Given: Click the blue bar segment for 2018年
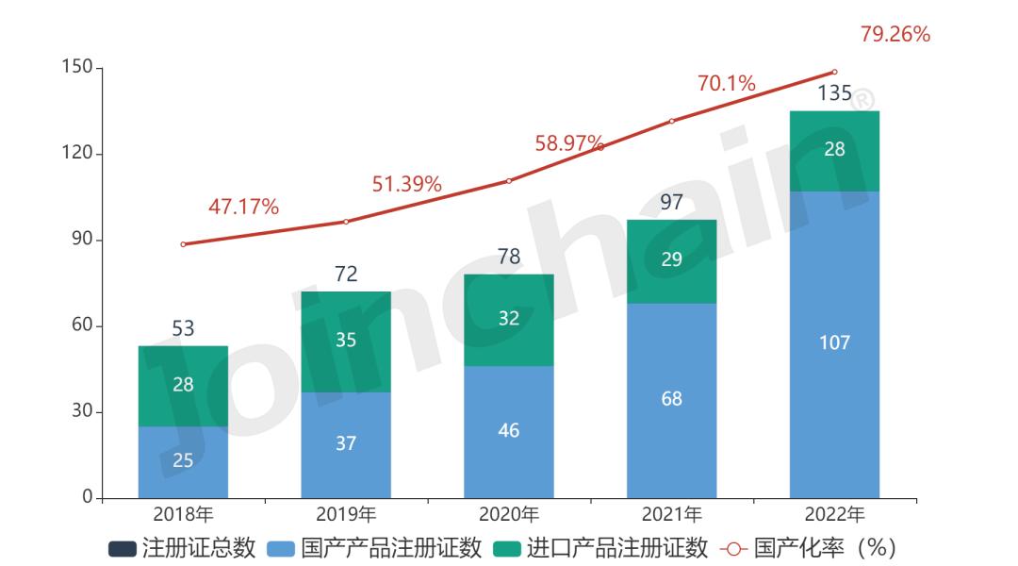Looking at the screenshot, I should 183,462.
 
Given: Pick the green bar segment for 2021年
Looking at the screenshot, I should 671,261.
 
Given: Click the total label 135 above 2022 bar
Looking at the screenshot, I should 834,93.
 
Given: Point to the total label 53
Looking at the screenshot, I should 183,328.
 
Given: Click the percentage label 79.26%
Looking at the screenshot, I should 895,35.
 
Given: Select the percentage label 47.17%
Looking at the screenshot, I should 243,208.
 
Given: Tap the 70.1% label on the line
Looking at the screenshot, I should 726,84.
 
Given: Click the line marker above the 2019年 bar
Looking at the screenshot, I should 346,222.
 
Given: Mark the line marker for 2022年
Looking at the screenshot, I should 834,72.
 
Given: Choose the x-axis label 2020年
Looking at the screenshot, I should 509,515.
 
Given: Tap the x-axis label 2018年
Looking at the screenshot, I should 183,515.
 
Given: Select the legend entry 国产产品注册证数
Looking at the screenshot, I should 375,548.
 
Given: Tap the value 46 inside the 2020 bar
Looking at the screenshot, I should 509,431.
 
